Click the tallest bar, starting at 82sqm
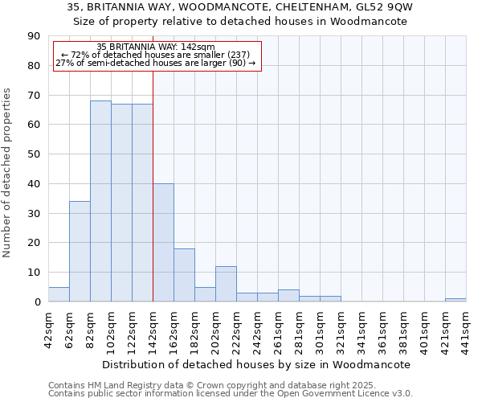[x=100, y=201]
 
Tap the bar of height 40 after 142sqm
[x=163, y=242]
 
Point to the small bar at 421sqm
[x=455, y=300]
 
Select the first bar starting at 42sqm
[x=59, y=294]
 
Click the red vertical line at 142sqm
[x=153, y=201]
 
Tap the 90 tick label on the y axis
[x=34, y=36]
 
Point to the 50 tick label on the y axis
[x=34, y=154]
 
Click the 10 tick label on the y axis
[x=34, y=273]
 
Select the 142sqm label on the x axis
[x=153, y=327]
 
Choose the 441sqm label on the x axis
[x=466, y=327]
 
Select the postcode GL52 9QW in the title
[x=406, y=6]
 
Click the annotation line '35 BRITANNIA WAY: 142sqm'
[x=156, y=47]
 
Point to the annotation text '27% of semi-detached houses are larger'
[x=156, y=63]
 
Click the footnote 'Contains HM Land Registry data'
[x=120, y=386]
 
